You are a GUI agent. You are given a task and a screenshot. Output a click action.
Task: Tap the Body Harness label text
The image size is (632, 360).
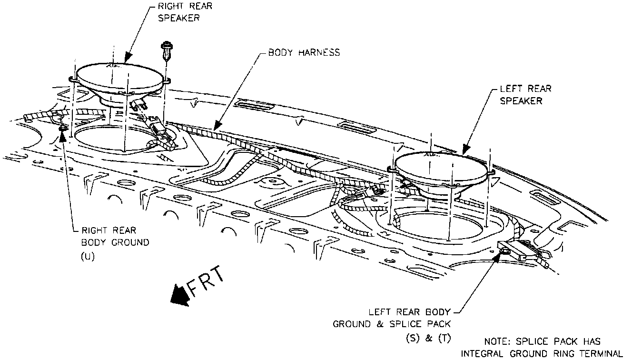[x=304, y=52]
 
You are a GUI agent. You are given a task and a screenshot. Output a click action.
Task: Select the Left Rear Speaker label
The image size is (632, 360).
[x=525, y=95]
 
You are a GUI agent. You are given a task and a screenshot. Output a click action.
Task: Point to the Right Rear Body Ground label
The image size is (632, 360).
[x=115, y=236]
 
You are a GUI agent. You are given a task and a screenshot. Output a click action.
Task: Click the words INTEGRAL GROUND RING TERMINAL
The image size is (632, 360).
[x=542, y=353]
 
